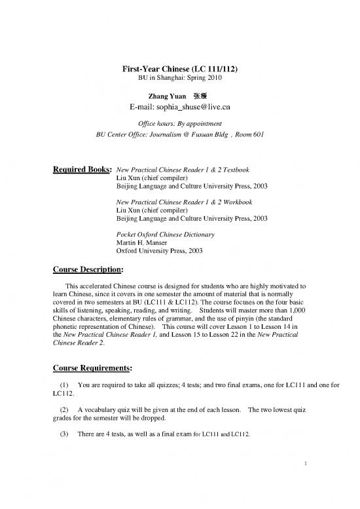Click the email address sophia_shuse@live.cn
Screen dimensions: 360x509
(x=180, y=107)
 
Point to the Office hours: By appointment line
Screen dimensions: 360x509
(x=180, y=123)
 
